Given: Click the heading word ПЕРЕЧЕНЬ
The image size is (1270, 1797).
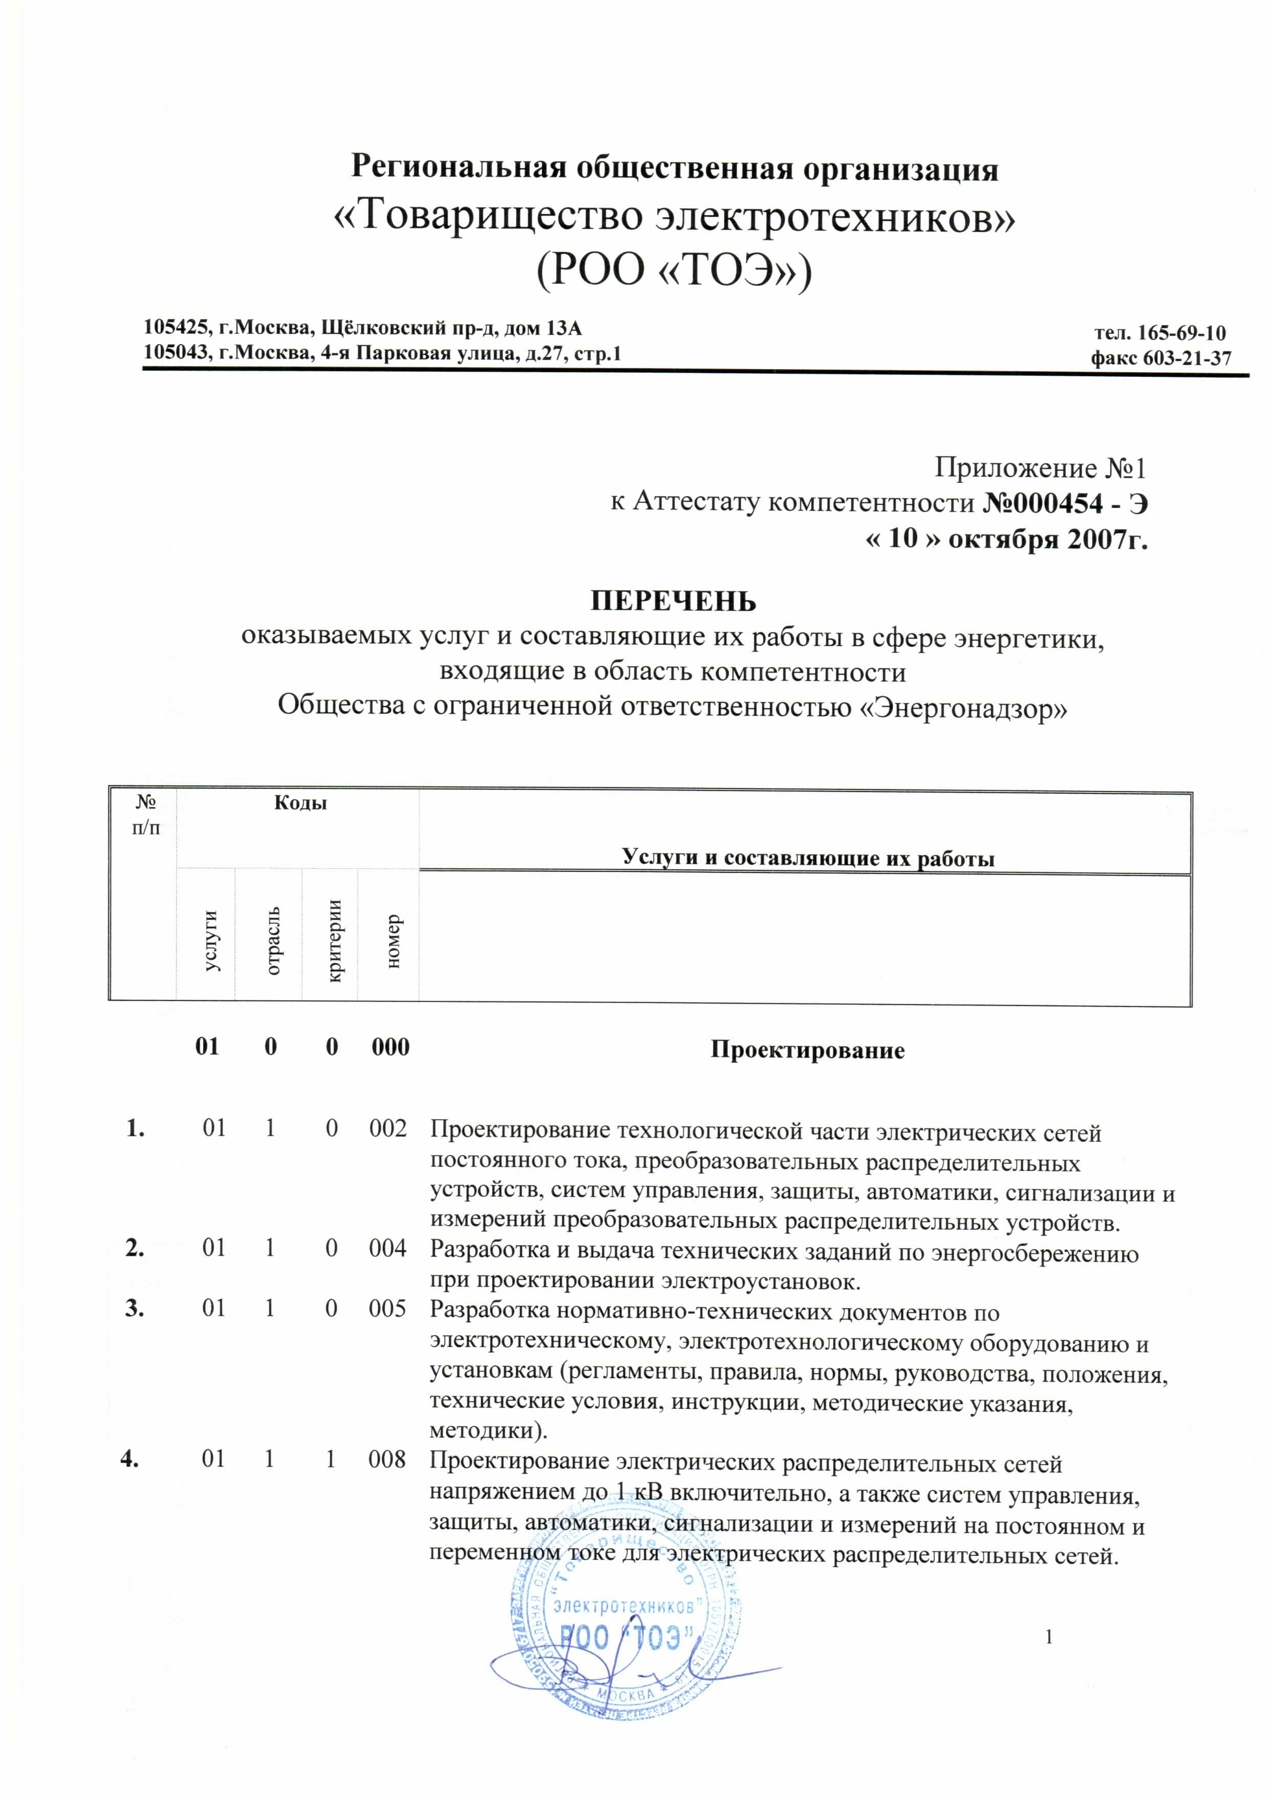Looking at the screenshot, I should [673, 601].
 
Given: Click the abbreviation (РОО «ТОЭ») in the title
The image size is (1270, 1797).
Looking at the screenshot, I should [673, 271].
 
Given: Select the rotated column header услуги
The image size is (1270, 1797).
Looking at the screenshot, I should [210, 942].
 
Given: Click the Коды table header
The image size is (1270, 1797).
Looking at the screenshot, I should [299, 803].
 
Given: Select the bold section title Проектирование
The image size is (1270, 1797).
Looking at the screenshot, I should [807, 1051].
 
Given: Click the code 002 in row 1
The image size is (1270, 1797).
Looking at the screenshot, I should [388, 1128].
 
